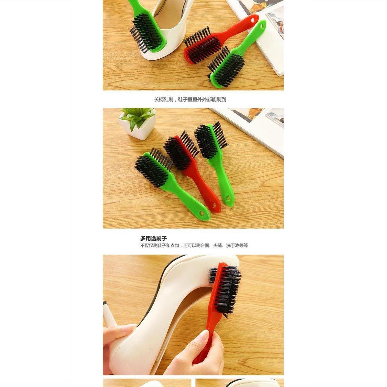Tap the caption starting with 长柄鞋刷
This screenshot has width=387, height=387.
190,99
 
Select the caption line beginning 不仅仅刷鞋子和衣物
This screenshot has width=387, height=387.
194,246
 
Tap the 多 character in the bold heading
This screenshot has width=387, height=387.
143,238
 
